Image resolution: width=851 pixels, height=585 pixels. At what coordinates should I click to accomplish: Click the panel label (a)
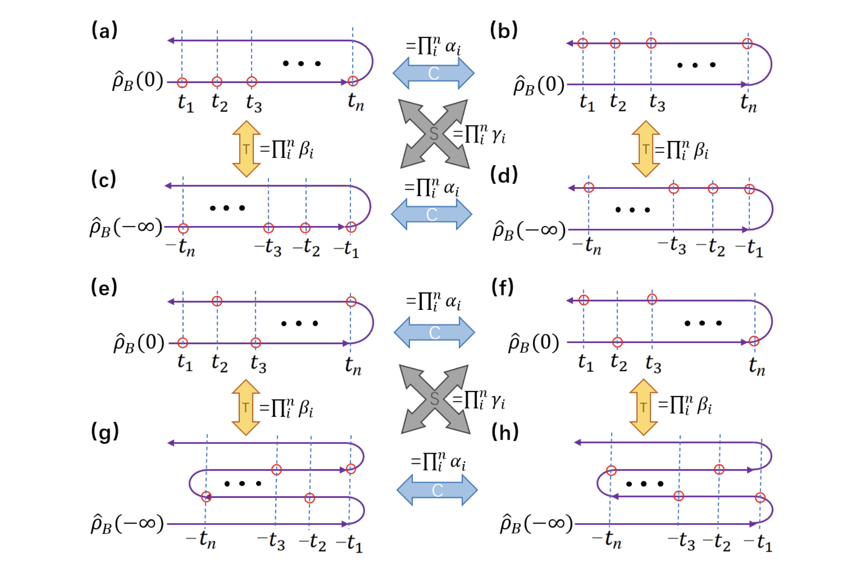(x=104, y=31)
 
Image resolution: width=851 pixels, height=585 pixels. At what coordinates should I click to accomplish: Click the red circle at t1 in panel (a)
(x=183, y=83)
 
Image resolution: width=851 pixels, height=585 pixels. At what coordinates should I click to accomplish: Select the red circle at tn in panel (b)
(x=747, y=44)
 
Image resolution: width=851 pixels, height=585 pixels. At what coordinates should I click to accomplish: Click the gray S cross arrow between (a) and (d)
(x=434, y=134)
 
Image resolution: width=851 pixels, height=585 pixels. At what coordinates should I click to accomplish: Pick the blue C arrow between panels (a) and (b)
(x=433, y=73)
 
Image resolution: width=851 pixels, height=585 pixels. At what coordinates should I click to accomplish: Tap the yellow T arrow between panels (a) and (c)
(x=246, y=149)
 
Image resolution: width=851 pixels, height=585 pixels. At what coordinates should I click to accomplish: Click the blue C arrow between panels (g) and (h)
(x=437, y=490)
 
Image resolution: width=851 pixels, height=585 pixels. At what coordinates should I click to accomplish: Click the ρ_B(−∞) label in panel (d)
(x=529, y=230)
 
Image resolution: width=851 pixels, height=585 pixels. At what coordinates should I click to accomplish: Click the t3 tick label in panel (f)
(x=653, y=363)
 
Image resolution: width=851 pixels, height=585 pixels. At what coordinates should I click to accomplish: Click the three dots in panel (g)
(x=242, y=483)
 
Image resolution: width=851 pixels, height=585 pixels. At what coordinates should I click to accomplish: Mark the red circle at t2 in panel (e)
(x=217, y=301)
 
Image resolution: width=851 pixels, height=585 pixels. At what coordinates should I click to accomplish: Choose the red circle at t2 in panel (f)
(x=617, y=342)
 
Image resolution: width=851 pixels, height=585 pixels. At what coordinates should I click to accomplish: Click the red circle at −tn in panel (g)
(x=206, y=497)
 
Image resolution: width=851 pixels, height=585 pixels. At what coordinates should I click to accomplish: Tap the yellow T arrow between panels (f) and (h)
(x=644, y=407)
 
